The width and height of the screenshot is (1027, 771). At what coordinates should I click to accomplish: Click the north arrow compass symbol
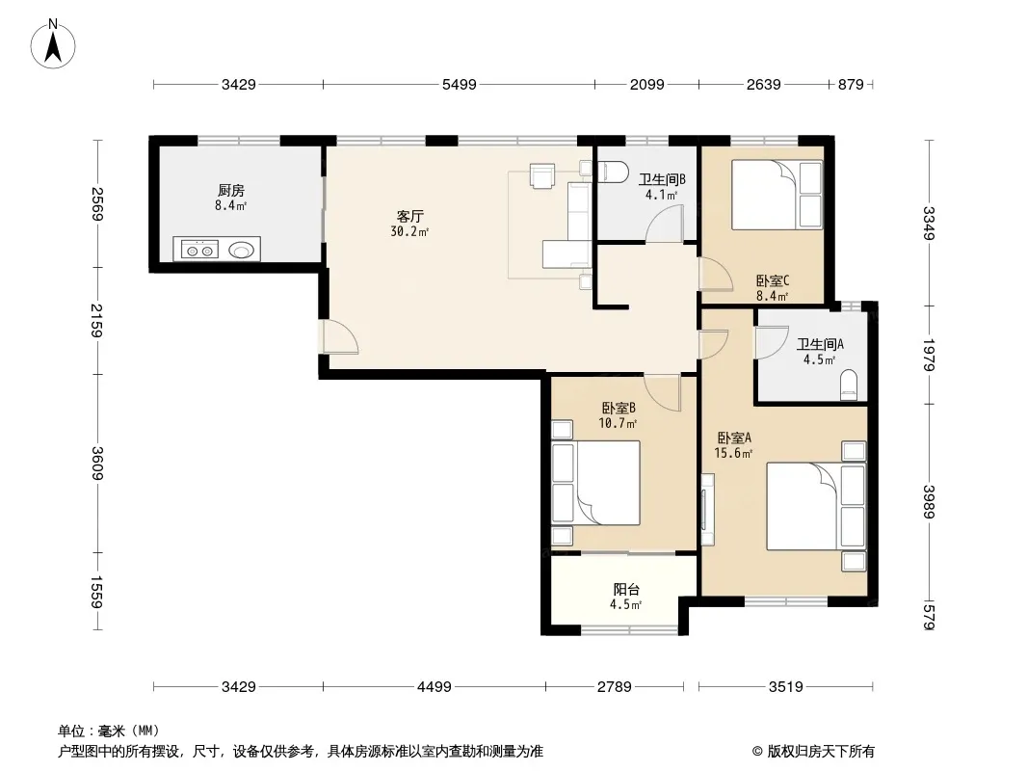pyautogui.click(x=53, y=44)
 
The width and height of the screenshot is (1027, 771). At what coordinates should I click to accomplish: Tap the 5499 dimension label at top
pyautogui.click(x=460, y=85)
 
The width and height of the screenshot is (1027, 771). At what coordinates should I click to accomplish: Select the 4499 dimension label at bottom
pyautogui.click(x=434, y=686)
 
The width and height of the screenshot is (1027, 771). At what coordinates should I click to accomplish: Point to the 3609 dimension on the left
pyautogui.click(x=97, y=464)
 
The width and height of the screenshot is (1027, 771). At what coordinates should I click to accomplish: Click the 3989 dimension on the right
pyautogui.click(x=929, y=501)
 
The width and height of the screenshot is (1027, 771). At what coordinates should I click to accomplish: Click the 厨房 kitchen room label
pyautogui.click(x=231, y=191)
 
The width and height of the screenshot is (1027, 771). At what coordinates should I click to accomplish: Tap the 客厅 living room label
pyautogui.click(x=410, y=216)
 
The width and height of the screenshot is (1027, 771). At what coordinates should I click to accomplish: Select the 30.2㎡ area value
pyautogui.click(x=409, y=232)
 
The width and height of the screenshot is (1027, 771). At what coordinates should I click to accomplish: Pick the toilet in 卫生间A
pyautogui.click(x=848, y=385)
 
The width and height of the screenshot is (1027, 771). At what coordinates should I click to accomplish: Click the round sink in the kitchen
pyautogui.click(x=242, y=250)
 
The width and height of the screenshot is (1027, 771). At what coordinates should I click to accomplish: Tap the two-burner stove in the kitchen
pyautogui.click(x=199, y=250)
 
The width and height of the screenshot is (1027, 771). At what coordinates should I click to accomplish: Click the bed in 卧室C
pyautogui.click(x=777, y=195)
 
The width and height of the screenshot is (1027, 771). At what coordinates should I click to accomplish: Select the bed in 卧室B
pyautogui.click(x=595, y=483)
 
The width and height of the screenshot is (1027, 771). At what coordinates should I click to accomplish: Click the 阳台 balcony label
pyautogui.click(x=626, y=589)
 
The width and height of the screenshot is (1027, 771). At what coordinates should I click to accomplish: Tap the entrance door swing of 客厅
pyautogui.click(x=341, y=336)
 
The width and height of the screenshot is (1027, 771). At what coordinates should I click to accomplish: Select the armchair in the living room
pyautogui.click(x=542, y=175)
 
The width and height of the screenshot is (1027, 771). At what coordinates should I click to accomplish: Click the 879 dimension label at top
pyautogui.click(x=851, y=85)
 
